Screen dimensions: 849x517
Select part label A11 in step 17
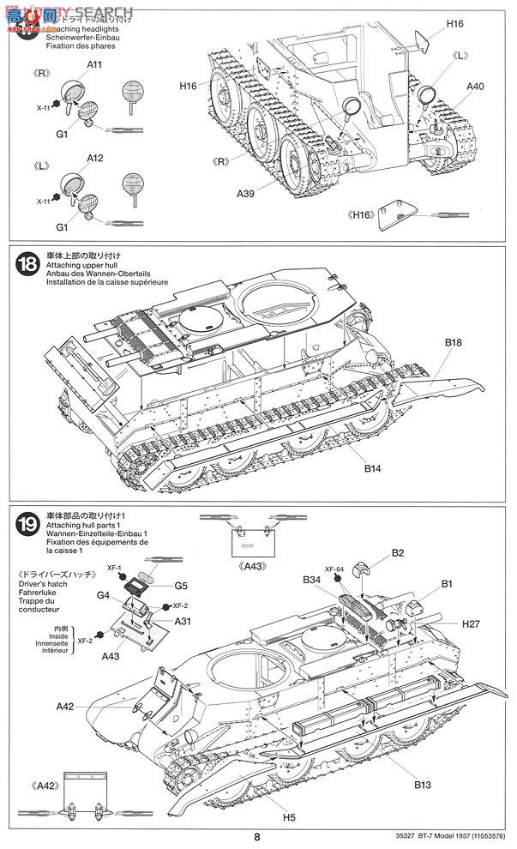click(x=94, y=64)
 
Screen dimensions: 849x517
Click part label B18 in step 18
click(x=453, y=343)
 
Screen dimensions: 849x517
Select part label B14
click(x=371, y=468)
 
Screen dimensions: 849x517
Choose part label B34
click(x=311, y=581)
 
